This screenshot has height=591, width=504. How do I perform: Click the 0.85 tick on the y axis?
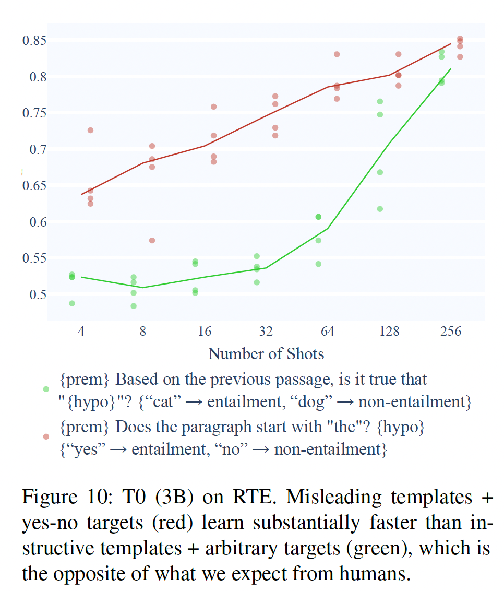34,41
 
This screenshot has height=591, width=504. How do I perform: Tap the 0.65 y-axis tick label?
34,186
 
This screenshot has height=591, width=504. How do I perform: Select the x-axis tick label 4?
81,332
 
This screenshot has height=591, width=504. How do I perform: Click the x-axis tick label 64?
328,332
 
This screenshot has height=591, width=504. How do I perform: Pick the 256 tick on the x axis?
451,332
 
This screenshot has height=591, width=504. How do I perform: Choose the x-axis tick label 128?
389,332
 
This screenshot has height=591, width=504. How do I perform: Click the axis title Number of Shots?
266,353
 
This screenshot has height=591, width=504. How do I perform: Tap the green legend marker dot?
46,389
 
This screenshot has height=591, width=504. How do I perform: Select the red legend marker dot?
46,436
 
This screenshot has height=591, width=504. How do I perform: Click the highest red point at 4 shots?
90,130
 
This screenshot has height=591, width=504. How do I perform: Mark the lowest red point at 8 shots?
152,241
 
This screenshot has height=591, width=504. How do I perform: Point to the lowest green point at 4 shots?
72,303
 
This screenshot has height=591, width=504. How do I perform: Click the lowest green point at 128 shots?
380,209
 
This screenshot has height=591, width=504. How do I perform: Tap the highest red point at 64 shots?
337,54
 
